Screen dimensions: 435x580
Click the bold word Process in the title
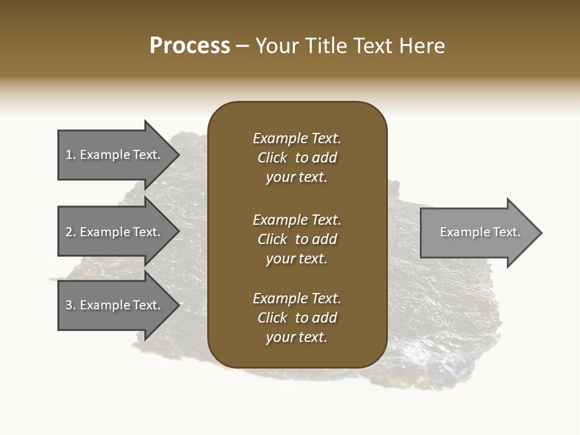[190, 46]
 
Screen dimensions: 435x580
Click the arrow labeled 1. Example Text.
[113, 155]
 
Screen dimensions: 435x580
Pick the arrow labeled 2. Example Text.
[113, 232]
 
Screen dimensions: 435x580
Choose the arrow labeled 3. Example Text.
[113, 305]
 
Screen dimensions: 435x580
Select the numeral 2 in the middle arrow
[69, 232]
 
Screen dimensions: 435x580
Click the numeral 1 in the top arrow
[69, 155]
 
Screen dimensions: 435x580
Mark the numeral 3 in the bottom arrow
[69, 305]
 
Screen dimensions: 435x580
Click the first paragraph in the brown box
[297, 158]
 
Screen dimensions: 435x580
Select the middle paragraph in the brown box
[297, 239]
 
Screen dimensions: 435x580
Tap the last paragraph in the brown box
[297, 318]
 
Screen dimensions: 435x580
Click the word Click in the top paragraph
[272, 158]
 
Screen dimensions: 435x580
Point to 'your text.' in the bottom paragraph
[297, 337]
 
